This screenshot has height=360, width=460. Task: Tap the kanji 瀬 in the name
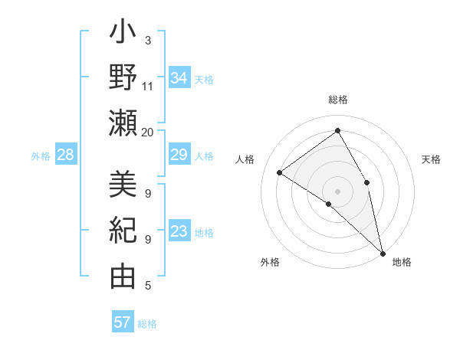(123, 122)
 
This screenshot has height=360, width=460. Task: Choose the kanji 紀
(123, 231)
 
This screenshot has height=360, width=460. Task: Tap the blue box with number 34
(179, 77)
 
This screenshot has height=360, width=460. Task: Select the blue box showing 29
(179, 155)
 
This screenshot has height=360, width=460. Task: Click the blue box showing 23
(179, 232)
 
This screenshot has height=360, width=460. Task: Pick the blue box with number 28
(66, 155)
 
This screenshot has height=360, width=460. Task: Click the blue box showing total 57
(123, 322)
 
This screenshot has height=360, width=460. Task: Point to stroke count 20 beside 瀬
(148, 132)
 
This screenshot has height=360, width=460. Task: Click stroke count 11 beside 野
(148, 86)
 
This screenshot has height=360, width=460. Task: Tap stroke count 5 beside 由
(148, 286)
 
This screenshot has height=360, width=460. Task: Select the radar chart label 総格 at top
(338, 100)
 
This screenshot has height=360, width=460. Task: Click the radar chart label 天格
(432, 159)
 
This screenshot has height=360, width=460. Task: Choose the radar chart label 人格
(245, 159)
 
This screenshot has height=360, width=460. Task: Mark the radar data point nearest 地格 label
(383, 252)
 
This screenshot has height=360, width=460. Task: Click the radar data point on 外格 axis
(329, 204)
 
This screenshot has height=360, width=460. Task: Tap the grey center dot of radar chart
(337, 191)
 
